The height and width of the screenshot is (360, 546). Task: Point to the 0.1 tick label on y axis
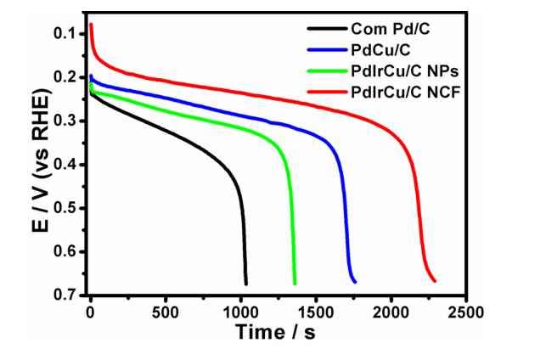63,34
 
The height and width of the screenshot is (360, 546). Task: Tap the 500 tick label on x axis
165,310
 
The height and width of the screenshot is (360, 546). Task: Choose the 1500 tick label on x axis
315,310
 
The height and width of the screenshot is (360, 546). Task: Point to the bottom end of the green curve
295,284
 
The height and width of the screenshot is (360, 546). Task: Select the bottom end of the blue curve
355,281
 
